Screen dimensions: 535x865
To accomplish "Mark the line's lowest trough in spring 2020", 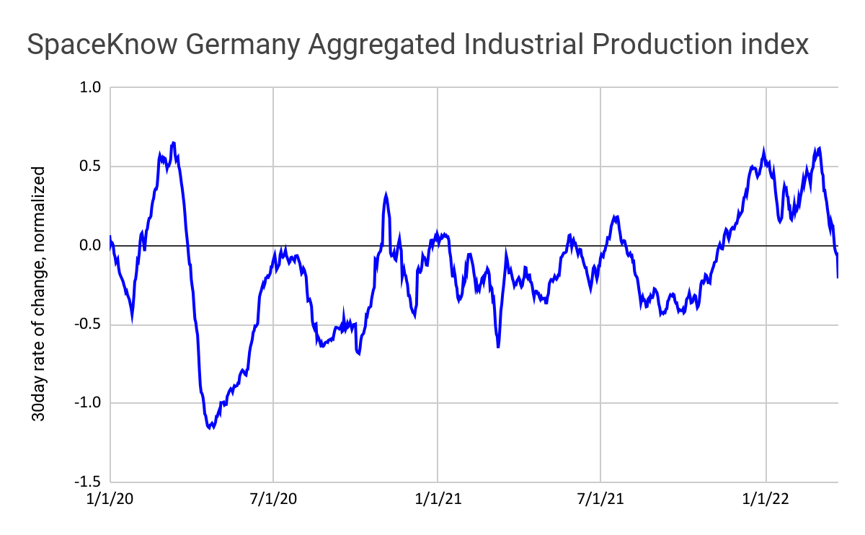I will pyautogui.click(x=211, y=428).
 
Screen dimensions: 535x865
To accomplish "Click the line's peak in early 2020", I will pyautogui.click(x=173, y=143).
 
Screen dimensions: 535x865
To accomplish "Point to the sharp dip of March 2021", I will pyautogui.click(x=498, y=347).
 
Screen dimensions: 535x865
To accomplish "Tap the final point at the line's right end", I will pyautogui.click(x=838, y=277).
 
